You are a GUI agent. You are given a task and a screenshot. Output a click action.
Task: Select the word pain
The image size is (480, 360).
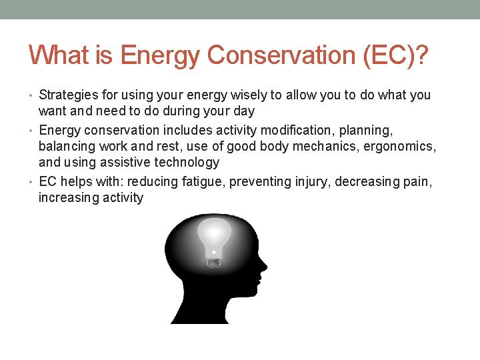(419, 181)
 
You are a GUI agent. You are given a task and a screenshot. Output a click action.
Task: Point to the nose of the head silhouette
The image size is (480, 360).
(264, 267)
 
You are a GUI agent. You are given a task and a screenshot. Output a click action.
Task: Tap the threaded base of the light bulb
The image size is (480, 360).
(213, 263)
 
